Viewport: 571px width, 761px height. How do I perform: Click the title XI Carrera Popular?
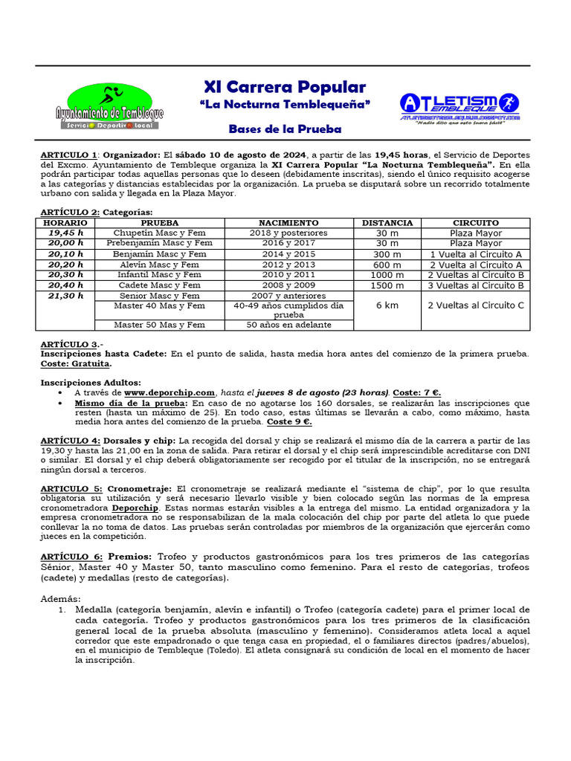(x=285, y=86)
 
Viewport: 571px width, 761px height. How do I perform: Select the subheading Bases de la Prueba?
(x=285, y=129)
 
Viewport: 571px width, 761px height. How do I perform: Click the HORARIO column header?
(x=65, y=223)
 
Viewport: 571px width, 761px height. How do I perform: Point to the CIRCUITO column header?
(x=476, y=223)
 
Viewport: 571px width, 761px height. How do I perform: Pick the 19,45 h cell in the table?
(x=65, y=233)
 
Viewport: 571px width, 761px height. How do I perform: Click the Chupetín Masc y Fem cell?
(x=159, y=233)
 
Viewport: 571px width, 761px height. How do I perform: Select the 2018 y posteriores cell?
(x=288, y=233)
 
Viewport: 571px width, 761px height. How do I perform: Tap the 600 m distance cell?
(x=387, y=265)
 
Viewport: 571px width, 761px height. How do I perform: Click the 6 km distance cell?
(x=387, y=305)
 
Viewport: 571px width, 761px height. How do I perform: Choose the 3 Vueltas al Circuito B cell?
(x=476, y=285)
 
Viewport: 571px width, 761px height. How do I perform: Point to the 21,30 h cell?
(x=65, y=296)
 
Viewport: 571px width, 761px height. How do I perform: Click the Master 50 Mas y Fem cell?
(x=159, y=325)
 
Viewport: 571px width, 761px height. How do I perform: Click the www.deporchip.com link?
(x=170, y=392)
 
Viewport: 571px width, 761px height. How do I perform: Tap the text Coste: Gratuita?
(x=76, y=364)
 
